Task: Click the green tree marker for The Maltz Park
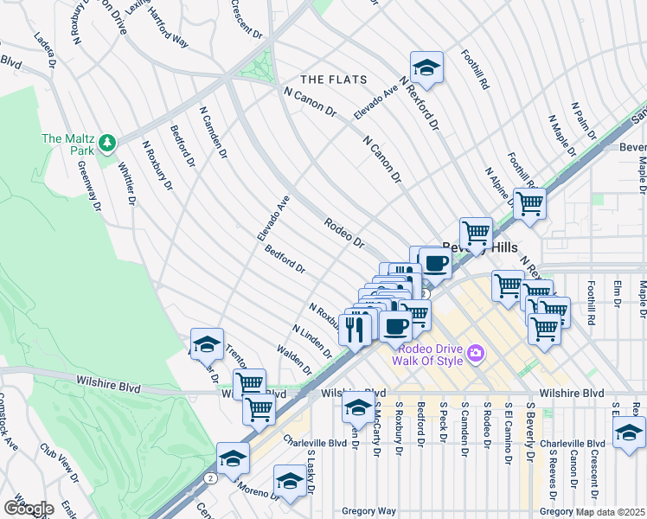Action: (107, 141)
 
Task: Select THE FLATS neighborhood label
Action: (332, 80)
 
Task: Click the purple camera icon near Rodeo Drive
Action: (474, 352)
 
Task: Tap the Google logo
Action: (28, 509)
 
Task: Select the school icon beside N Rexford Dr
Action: (426, 67)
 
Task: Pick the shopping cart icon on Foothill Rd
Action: (529, 204)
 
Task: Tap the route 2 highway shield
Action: (210, 477)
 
